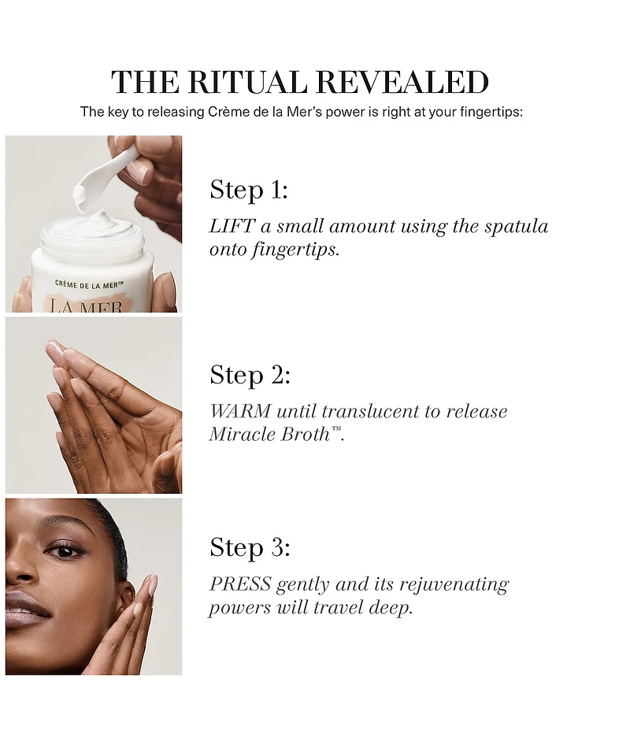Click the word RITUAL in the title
click(248, 82)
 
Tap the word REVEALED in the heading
click(402, 82)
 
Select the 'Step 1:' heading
click(249, 190)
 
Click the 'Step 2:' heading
click(250, 375)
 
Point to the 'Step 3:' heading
click(250, 547)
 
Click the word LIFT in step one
click(232, 226)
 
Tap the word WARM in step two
click(240, 411)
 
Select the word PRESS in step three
click(240, 584)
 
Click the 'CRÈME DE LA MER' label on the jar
click(89, 284)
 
